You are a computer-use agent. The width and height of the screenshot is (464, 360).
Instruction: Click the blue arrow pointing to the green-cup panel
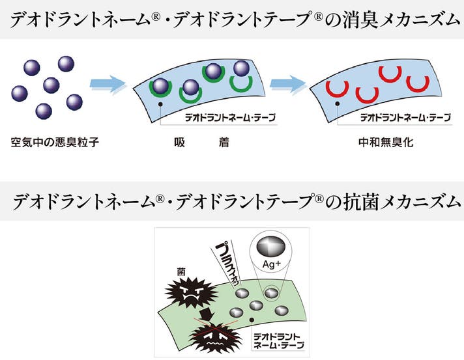coord(108,83)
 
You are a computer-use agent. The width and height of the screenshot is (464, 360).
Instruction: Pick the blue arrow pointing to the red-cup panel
coord(287,83)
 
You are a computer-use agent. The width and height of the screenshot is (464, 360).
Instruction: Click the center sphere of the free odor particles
coord(51,85)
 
